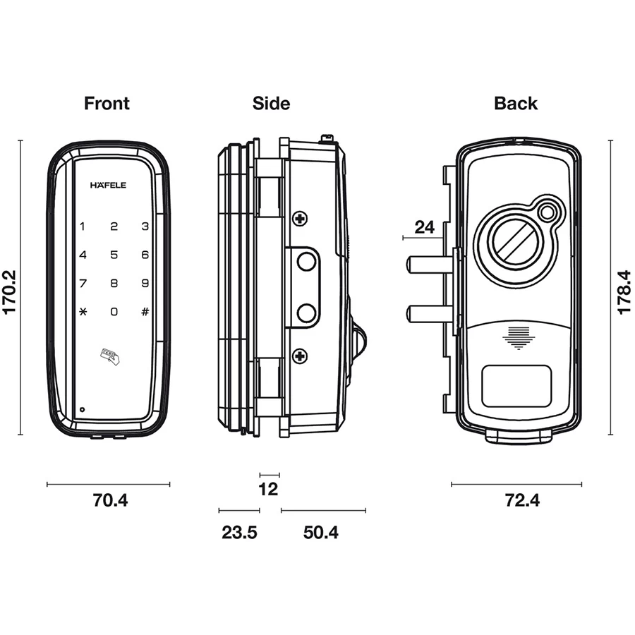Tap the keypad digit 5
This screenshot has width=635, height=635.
pyautogui.click(x=114, y=255)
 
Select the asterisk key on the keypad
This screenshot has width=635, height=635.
pyautogui.click(x=83, y=311)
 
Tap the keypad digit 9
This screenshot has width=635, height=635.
pyautogui.click(x=145, y=284)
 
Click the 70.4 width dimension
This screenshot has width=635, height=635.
pyautogui.click(x=110, y=501)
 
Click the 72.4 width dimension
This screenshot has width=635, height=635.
pyautogui.click(x=522, y=501)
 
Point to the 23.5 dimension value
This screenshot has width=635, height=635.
pyautogui.click(x=239, y=533)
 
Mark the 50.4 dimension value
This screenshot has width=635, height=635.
pyautogui.click(x=321, y=533)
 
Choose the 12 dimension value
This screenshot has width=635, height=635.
pyautogui.click(x=269, y=489)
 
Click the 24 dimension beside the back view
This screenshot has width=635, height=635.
pyautogui.click(x=424, y=227)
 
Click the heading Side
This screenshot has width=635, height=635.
pyautogui.click(x=271, y=104)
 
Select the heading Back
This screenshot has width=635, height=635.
pyautogui.click(x=516, y=104)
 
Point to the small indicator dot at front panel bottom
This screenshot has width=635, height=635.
pyautogui.click(x=83, y=409)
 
